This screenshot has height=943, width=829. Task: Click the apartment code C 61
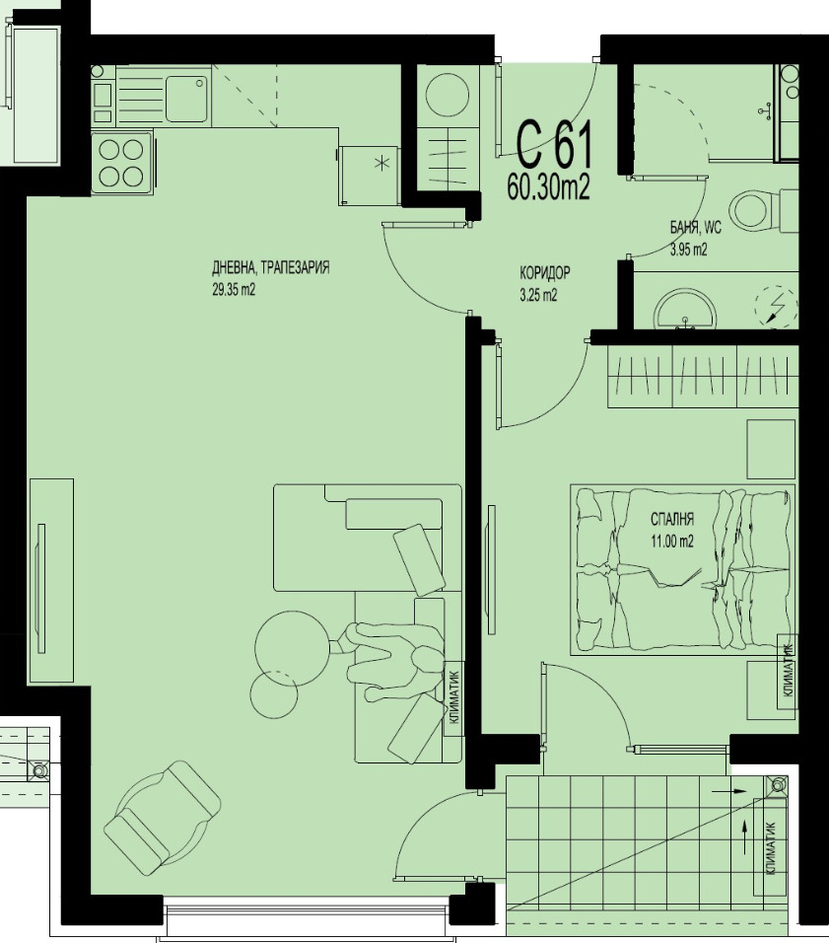556,146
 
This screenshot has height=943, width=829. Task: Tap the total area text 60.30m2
548,187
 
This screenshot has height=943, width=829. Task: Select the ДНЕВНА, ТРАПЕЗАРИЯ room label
270,268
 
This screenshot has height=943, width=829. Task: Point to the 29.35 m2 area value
234,290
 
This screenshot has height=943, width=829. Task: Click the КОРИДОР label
545,273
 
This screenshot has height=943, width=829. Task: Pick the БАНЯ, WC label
695,228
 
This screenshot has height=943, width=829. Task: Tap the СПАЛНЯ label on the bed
672,519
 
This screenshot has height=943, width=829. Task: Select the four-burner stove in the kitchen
121,163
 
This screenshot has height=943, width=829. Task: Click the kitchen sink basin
187,97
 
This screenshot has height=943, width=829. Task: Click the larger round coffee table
291,646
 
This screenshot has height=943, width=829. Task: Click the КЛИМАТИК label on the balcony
770,848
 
